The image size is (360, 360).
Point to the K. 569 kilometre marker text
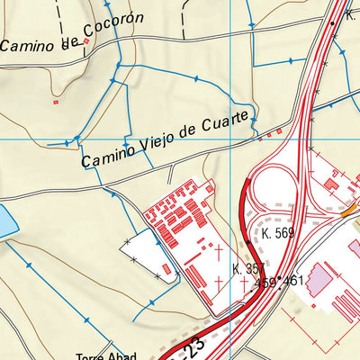pos(278,233)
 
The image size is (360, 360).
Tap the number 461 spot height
pos(293,282)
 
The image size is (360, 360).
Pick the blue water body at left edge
pos(4,221)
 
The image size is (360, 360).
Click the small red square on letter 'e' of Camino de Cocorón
pos(86,40)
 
